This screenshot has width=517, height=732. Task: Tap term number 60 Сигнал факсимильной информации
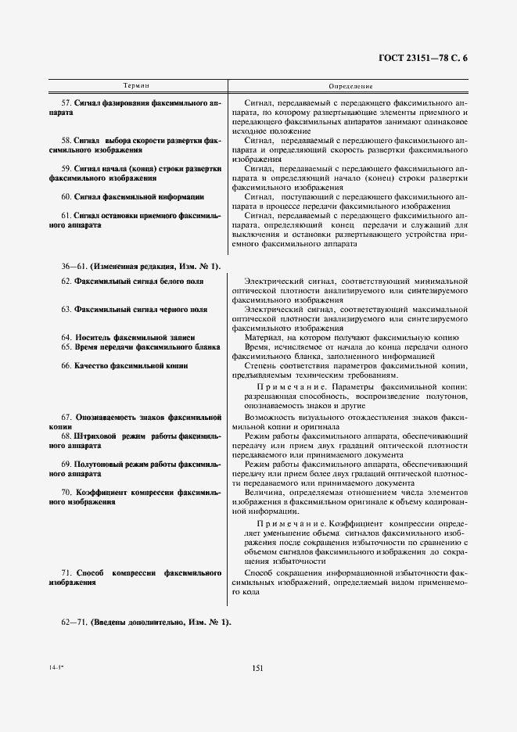click(133, 197)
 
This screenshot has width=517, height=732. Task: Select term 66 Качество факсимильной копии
click(125, 365)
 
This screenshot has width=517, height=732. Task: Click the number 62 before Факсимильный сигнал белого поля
click(66, 281)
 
